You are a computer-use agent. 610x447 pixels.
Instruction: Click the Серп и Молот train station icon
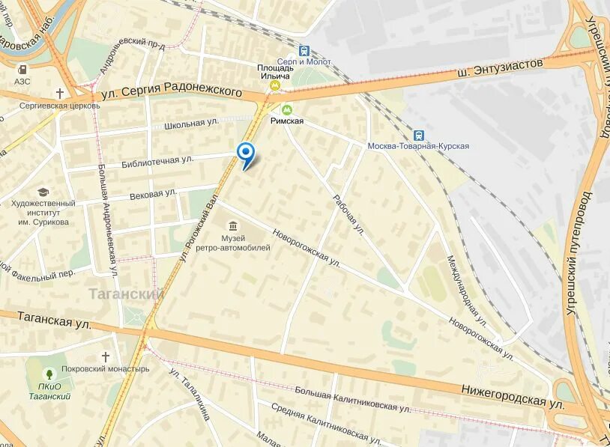tap(304, 51)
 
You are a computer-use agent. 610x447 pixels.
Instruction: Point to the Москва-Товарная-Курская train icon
tap(418, 135)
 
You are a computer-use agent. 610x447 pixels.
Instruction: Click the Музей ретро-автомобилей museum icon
tap(233, 225)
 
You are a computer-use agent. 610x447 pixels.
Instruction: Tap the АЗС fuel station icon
tap(22, 70)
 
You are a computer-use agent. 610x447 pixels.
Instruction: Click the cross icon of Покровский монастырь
tap(106, 356)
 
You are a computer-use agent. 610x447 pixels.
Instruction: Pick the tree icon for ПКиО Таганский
tap(49, 373)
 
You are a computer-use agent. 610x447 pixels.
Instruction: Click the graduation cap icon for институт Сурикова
tap(43, 192)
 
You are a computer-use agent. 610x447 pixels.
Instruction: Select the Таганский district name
tap(126, 294)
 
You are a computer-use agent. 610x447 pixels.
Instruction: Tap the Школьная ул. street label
tap(190, 123)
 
